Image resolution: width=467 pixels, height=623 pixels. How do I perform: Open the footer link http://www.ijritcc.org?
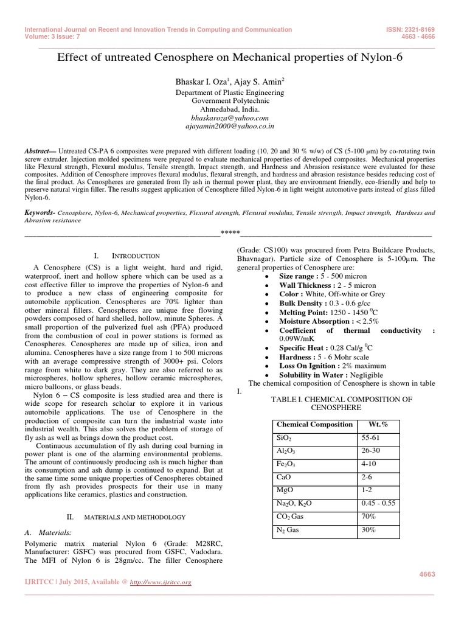click(161, 582)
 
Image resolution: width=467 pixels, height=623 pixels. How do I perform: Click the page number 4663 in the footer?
click(427, 574)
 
